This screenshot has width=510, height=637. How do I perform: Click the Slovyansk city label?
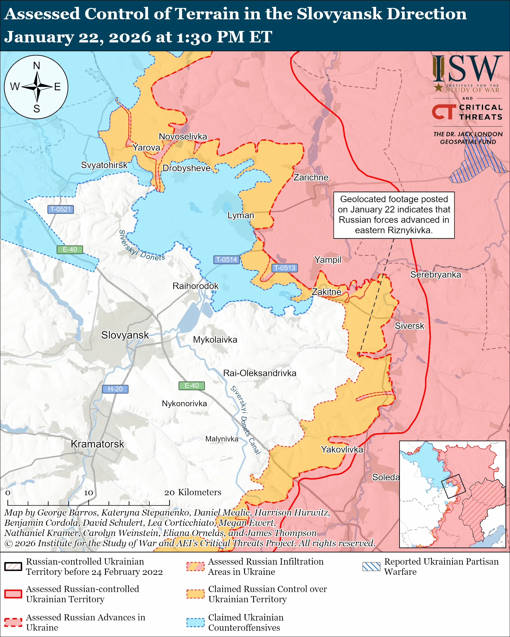click(125, 335)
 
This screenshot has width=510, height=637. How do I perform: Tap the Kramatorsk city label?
click(97, 444)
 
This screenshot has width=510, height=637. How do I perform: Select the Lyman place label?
click(241, 215)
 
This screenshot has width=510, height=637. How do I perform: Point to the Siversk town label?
click(409, 326)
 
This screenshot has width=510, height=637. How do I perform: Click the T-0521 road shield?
click(61, 209)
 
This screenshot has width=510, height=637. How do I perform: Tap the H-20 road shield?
click(115, 389)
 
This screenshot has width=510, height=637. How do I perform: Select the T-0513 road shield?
click(284, 268)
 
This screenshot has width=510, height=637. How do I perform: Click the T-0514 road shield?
click(226, 259)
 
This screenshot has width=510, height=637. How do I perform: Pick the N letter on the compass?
click(36, 66)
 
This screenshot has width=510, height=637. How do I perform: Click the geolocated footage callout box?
click(394, 215)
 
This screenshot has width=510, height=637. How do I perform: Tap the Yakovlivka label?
click(342, 449)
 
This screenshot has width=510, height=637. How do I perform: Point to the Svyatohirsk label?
click(104, 165)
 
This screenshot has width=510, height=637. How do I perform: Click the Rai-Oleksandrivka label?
click(260, 373)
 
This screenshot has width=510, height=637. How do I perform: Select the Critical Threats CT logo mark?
click(444, 112)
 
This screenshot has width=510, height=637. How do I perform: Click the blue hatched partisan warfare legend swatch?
click(371, 566)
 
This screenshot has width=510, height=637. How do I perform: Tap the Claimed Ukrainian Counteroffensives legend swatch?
click(195, 623)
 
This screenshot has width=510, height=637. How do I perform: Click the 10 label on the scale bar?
click(88, 493)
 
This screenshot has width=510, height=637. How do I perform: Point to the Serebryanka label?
click(435, 275)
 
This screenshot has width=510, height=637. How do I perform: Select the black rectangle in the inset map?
click(453, 486)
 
